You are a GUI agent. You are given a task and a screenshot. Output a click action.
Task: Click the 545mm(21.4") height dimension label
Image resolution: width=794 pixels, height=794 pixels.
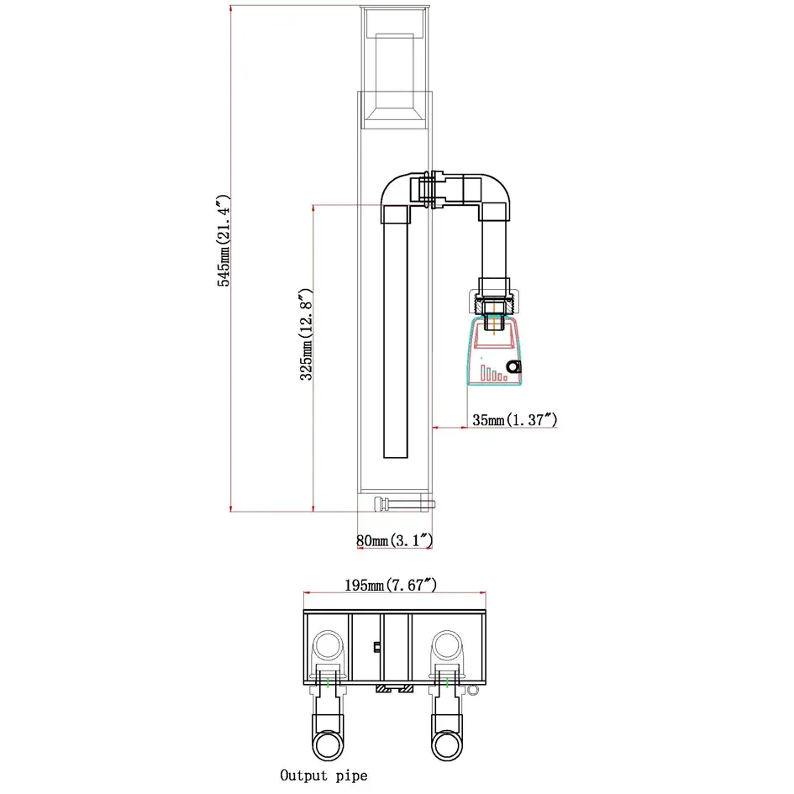[223, 240]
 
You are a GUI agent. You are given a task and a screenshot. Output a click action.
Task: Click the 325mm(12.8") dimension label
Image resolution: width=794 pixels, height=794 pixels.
[307, 334]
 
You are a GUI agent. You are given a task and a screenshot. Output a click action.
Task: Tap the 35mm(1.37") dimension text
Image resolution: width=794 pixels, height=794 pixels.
[514, 420]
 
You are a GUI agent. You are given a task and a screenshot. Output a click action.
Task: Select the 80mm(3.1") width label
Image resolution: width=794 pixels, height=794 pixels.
[394, 540]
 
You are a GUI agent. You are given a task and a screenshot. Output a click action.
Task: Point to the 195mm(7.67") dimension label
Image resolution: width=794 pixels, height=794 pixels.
[391, 585]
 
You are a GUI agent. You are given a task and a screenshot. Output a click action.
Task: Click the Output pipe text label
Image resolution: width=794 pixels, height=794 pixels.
[323, 776]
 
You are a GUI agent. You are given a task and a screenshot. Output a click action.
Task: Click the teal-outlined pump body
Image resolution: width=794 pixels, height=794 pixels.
[494, 351]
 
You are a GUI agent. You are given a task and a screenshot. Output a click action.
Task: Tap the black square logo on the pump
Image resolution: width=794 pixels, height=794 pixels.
[514, 366]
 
